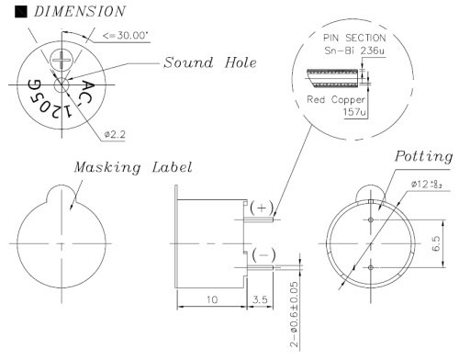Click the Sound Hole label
(210, 63)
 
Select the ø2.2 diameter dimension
(115, 134)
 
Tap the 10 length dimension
(210, 299)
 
